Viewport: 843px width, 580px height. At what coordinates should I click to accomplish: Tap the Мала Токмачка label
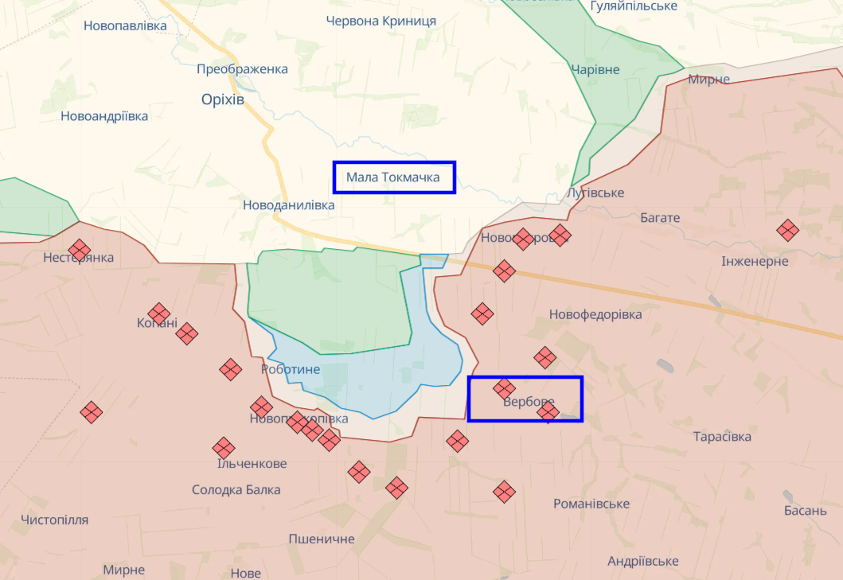coord(393,177)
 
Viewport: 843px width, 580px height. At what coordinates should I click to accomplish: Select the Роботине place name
coord(291,369)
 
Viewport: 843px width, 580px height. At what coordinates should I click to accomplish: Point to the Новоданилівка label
coord(288,205)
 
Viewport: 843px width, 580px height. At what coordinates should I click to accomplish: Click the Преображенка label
coord(242,69)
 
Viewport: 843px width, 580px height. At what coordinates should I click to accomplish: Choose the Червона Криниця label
coord(381,21)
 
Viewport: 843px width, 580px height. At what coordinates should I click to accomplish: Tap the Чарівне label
coord(595,70)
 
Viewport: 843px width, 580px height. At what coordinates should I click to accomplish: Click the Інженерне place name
coord(755,261)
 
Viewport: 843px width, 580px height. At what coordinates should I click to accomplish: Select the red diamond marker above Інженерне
coord(787,231)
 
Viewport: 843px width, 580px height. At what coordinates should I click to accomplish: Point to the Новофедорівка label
coord(595,314)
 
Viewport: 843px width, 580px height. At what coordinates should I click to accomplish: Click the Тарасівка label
coord(722,437)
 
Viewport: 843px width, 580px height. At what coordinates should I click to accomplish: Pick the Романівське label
coord(591,504)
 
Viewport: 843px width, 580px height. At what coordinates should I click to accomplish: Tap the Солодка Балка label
coord(236,489)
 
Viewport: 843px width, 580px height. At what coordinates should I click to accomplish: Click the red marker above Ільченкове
coord(224,448)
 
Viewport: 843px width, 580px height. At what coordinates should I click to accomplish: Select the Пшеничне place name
coord(322,539)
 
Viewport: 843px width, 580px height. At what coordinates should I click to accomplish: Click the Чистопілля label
coord(55,520)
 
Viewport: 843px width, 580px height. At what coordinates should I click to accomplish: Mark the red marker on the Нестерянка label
coord(79,251)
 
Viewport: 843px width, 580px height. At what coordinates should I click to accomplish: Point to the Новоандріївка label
coord(104,116)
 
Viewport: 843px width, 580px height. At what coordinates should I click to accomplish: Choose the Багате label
coord(660,217)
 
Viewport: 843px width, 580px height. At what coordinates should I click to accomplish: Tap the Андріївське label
coord(643,561)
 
